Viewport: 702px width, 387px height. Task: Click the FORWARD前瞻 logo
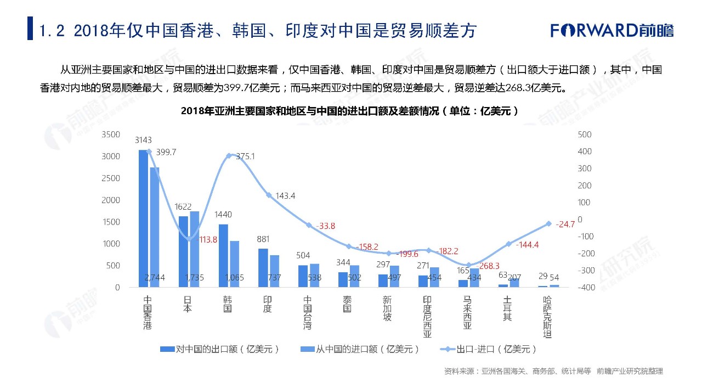(x=612, y=30)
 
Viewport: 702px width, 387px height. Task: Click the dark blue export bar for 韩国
(x=223, y=255)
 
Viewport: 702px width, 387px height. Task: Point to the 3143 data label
(x=143, y=140)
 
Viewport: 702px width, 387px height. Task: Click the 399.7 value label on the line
(x=166, y=152)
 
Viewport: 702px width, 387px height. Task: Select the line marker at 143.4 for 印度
(x=269, y=195)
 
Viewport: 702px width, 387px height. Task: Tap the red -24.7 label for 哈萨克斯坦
(x=565, y=224)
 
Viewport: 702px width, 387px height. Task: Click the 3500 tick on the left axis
(x=111, y=134)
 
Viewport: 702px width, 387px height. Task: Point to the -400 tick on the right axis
(x=585, y=288)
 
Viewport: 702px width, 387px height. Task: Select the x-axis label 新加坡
(x=387, y=310)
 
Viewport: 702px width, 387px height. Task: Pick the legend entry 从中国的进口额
(x=360, y=349)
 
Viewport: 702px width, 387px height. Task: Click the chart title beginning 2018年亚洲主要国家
(x=350, y=110)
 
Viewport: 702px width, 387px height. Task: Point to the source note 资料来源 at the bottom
(x=553, y=372)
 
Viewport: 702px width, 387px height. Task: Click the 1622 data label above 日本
(x=183, y=207)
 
